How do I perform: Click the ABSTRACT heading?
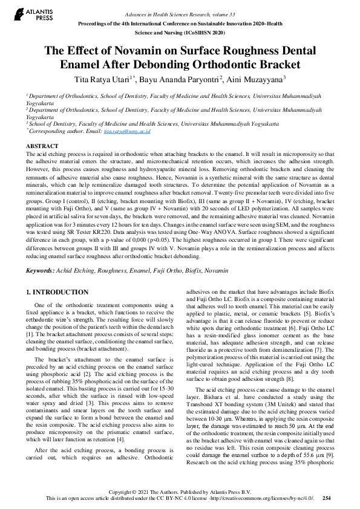pos(42,146)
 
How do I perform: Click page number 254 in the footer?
pos(327,498)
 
